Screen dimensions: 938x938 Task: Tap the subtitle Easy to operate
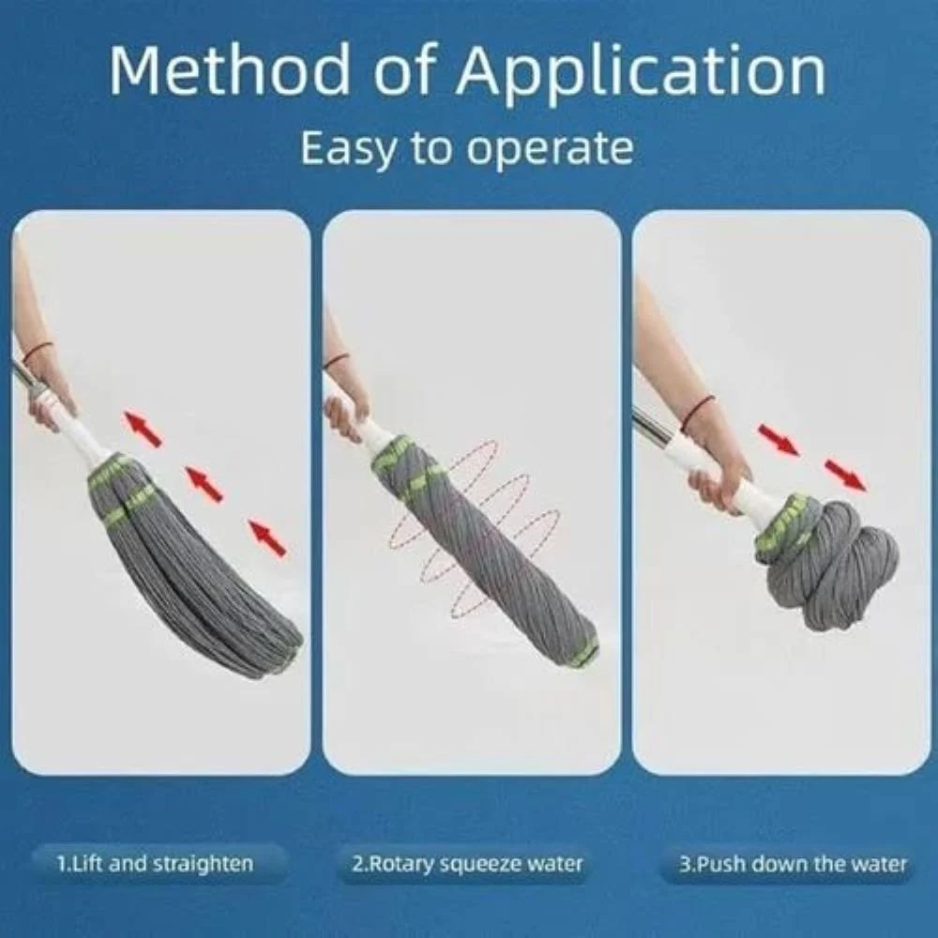[466, 147]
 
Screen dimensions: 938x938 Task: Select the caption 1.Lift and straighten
[155, 863]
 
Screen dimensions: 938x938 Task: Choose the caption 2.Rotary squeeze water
[465, 863]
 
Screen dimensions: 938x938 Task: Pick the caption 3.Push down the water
[794, 863]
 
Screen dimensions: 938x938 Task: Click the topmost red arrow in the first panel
[143, 428]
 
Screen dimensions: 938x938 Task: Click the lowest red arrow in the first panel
[268, 538]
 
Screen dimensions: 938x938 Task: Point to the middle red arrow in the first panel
[204, 483]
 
